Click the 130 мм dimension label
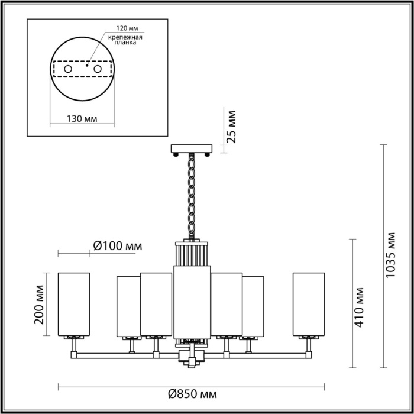pyautogui.click(x=82, y=119)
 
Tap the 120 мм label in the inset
pyautogui.click(x=127, y=28)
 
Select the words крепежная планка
pyautogui.click(x=125, y=40)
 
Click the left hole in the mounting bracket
pyautogui.click(x=68, y=69)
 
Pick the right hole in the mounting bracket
pyautogui.click(x=98, y=69)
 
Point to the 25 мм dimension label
pyautogui.click(x=231, y=127)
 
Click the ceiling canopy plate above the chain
pyautogui.click(x=192, y=148)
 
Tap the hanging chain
pyautogui.click(x=192, y=196)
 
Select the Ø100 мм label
pyautogui.click(x=118, y=246)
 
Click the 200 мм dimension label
pyautogui.click(x=39, y=305)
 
